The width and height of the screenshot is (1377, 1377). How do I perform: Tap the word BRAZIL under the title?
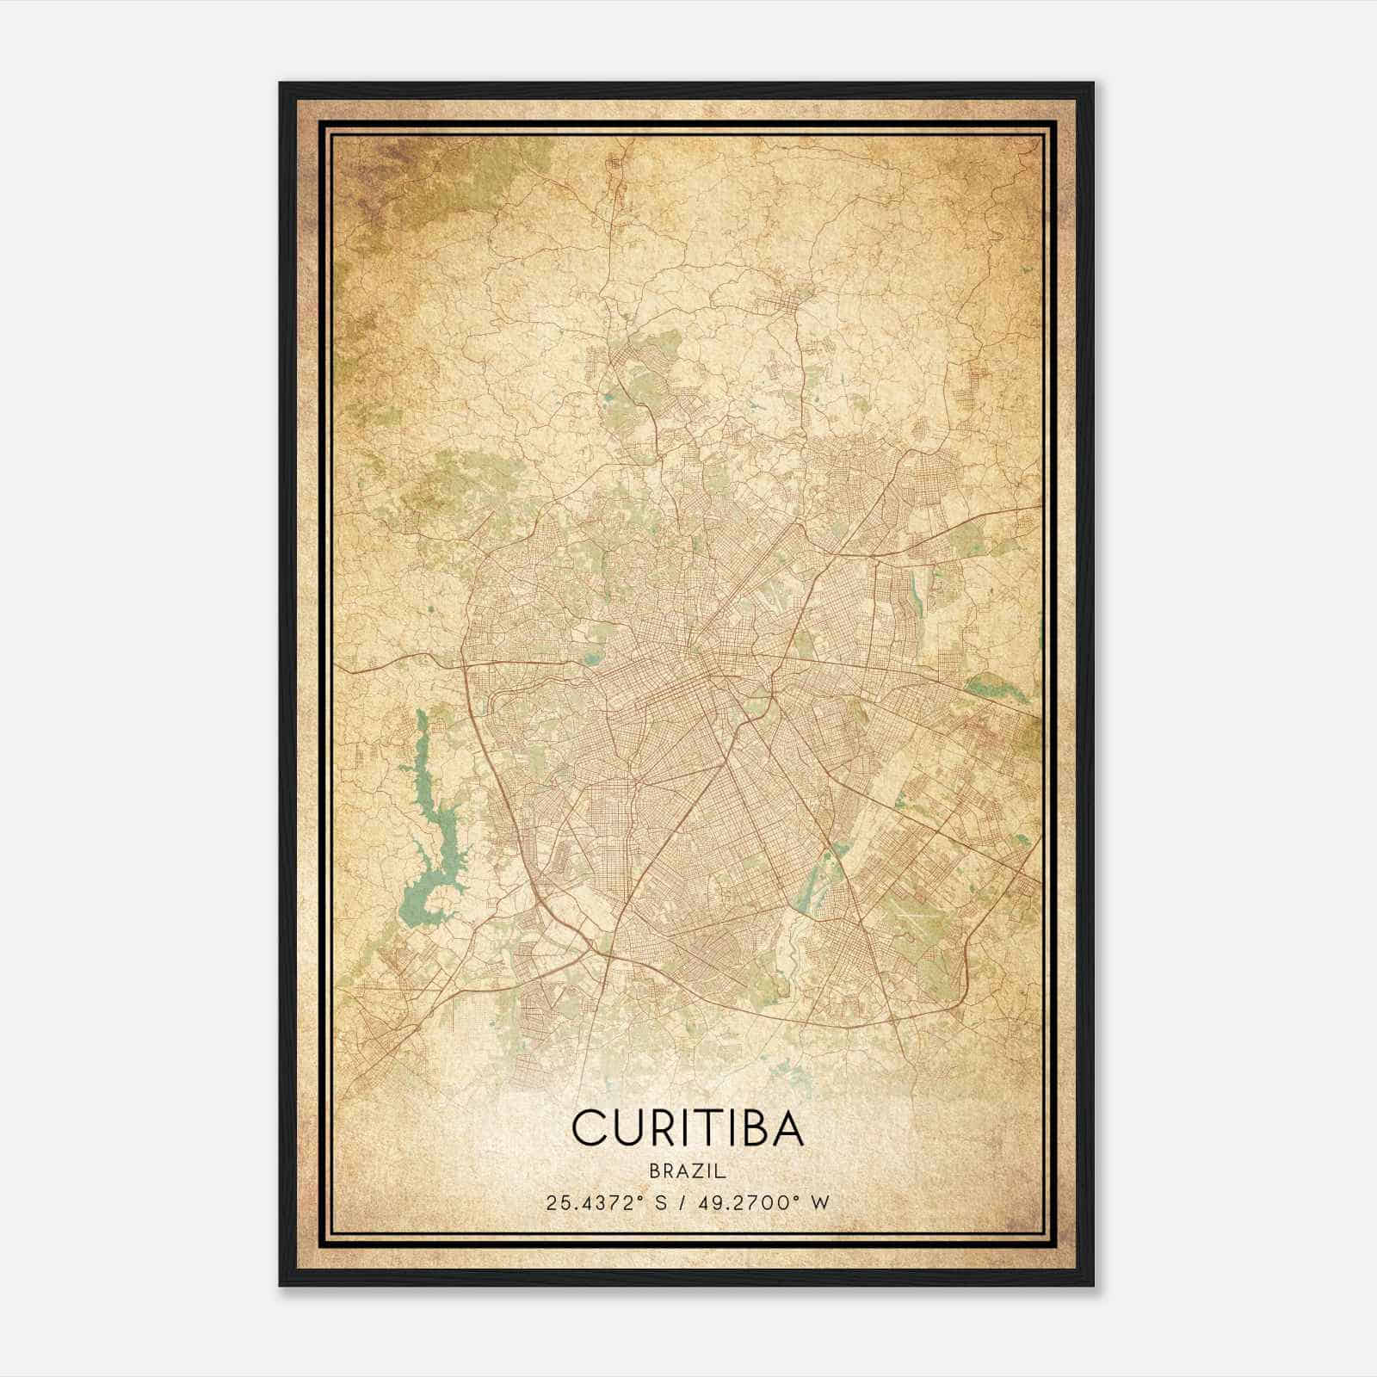[688, 1171]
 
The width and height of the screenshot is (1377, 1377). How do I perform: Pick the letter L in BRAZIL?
[722, 1171]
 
